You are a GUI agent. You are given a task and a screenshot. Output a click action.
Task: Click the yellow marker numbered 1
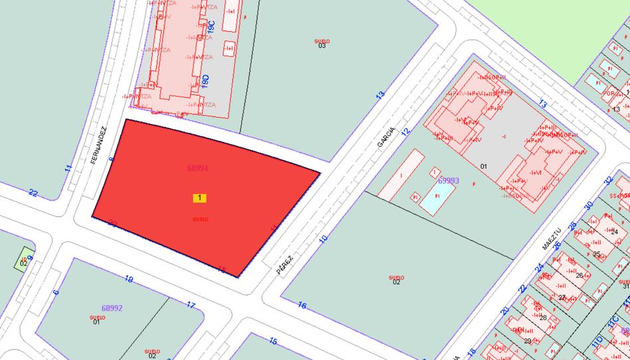[x=200, y=198]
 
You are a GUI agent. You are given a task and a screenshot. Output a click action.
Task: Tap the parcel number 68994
[x=197, y=169]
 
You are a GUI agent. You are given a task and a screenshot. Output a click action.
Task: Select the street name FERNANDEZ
[x=99, y=145]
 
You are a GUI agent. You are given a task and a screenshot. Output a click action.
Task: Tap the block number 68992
[x=112, y=308]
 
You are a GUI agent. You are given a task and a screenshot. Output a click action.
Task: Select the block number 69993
[x=449, y=181]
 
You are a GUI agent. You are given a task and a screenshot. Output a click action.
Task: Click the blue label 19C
[x=211, y=28]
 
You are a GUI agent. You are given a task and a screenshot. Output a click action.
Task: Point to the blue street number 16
[x=302, y=306]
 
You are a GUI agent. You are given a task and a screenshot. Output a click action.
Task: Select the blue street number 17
[x=191, y=306]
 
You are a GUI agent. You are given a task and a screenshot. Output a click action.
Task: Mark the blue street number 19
[x=129, y=280]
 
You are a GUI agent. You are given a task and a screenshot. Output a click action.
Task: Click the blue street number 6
[x=56, y=291]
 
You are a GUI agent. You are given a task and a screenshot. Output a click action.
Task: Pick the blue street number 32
[x=607, y=180]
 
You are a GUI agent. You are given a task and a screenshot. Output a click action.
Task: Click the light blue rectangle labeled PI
[x=437, y=197]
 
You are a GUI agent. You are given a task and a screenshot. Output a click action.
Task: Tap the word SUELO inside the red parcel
[x=200, y=219]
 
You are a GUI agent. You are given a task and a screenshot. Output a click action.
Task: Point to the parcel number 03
[x=322, y=46]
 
